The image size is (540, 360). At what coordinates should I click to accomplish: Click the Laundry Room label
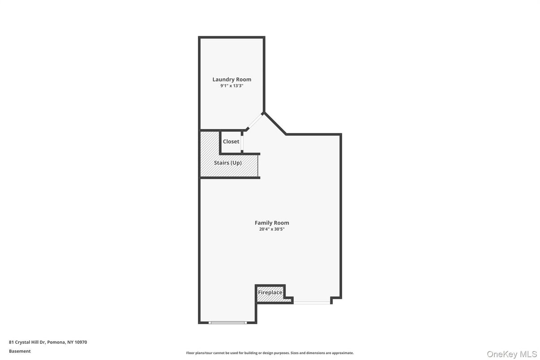tap(231, 79)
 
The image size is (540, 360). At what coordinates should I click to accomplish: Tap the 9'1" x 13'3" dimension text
tap(231, 86)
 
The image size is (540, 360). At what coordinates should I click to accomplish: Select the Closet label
tap(231, 141)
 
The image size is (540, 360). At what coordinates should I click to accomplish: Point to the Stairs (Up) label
tap(228, 163)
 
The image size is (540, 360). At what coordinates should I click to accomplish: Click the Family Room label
tap(272, 223)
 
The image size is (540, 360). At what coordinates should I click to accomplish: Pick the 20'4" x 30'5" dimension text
tap(272, 229)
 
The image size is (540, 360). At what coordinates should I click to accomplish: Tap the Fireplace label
tap(270, 292)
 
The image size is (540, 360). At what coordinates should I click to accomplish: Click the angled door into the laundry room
tap(255, 121)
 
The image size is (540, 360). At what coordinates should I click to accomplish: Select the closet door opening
tap(242, 143)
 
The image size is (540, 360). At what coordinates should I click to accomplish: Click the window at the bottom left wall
tap(227, 323)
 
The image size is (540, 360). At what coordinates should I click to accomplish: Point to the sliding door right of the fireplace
tap(312, 302)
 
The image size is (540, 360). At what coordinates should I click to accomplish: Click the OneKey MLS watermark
tap(511, 354)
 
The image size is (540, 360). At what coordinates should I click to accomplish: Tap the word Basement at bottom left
tap(20, 351)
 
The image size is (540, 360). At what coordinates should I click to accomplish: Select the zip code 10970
tap(81, 342)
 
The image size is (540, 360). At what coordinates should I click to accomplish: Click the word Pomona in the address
tap(56, 342)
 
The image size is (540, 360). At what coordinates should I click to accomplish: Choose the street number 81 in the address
tap(11, 342)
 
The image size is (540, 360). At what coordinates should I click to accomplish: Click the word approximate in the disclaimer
tap(343, 353)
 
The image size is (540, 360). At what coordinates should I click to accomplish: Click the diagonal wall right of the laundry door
tap(275, 123)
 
